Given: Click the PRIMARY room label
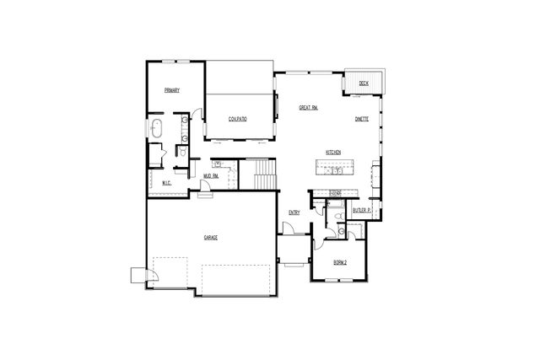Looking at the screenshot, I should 172,90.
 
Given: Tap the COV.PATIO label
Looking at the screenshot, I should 237,119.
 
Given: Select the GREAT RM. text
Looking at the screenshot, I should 308,108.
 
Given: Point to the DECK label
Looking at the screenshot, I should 364,83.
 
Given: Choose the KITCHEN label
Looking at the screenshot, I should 333,152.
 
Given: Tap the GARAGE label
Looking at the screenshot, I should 210,238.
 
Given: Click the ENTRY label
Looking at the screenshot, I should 294,212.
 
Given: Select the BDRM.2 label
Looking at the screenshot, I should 339,262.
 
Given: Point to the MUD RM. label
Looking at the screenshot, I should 211,176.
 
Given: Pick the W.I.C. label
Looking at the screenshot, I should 166,183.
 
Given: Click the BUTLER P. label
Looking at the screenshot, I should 363,210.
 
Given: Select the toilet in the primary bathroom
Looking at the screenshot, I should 181,152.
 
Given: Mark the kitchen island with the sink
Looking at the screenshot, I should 335,169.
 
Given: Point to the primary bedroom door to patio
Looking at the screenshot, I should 197,113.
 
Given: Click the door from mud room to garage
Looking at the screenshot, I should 204,196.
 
